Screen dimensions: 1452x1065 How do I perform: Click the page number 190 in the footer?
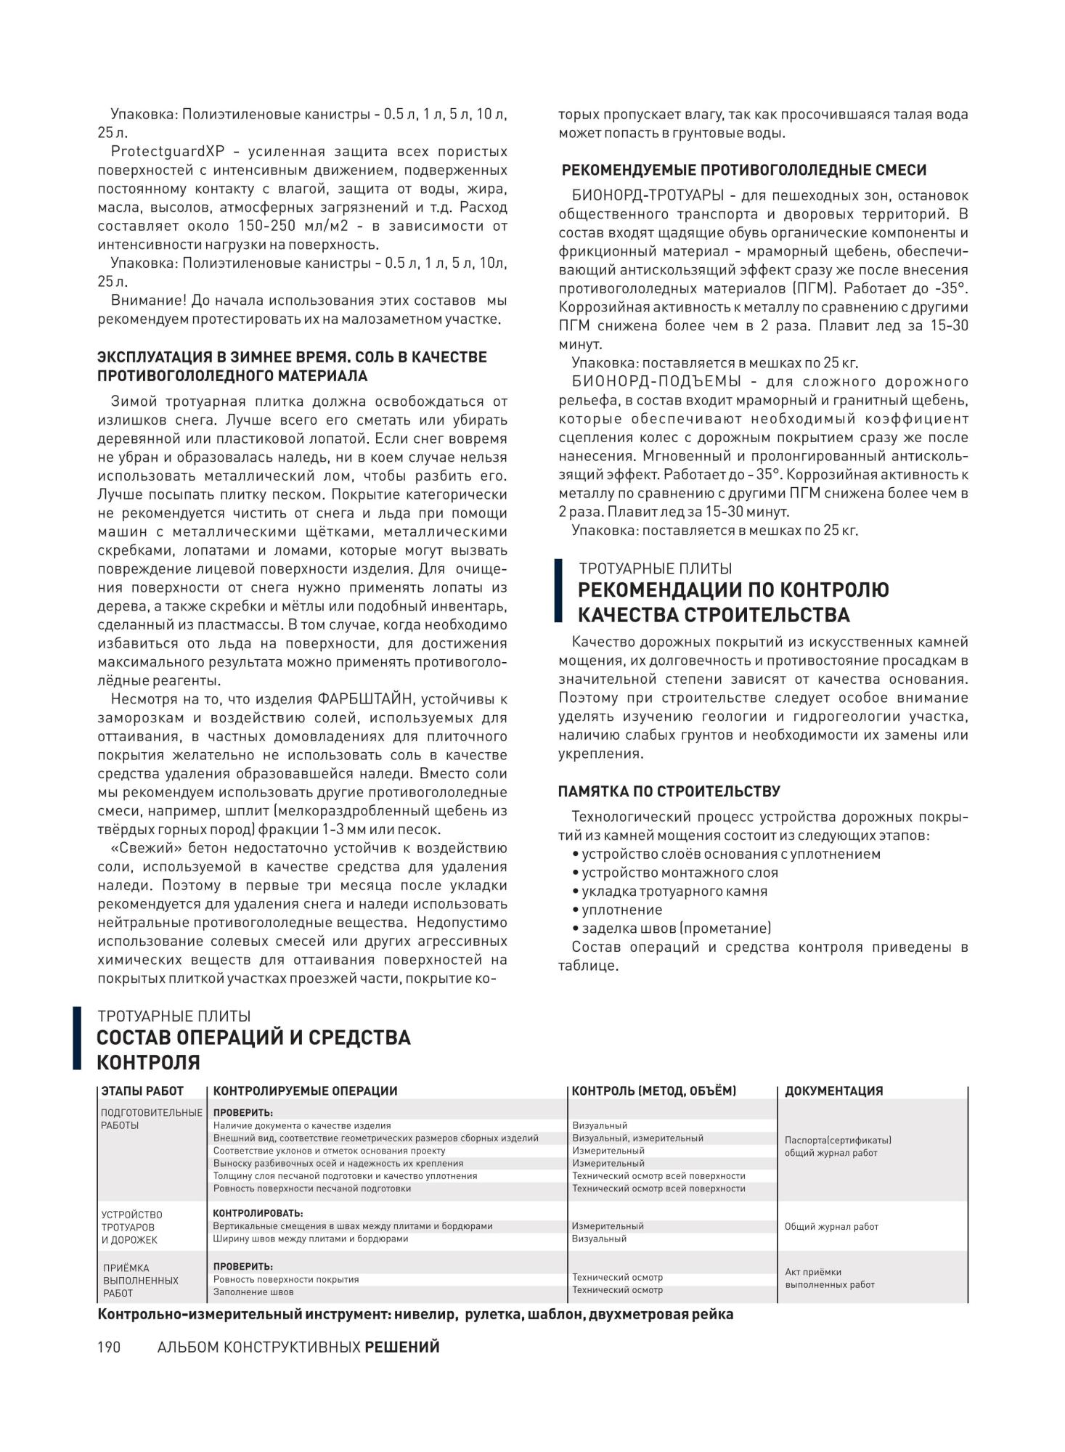pyautogui.click(x=108, y=1347)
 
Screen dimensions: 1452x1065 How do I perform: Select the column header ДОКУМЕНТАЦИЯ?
pyautogui.click(x=834, y=1090)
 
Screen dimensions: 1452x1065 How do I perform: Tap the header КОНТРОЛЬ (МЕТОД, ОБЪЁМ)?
pyautogui.click(x=654, y=1090)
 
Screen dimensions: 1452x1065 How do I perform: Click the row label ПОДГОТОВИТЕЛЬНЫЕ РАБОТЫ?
pyautogui.click(x=151, y=1119)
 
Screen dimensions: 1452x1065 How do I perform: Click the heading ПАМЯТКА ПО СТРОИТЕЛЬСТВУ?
pyautogui.click(x=669, y=791)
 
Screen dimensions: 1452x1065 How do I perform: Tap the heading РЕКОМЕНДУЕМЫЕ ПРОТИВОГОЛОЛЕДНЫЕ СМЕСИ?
pyautogui.click(x=745, y=171)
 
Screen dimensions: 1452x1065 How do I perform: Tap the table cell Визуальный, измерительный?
pyautogui.click(x=637, y=1138)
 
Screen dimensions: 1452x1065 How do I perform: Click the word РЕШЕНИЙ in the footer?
pyautogui.click(x=402, y=1347)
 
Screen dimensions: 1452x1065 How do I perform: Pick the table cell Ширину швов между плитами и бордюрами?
pyautogui.click(x=310, y=1239)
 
